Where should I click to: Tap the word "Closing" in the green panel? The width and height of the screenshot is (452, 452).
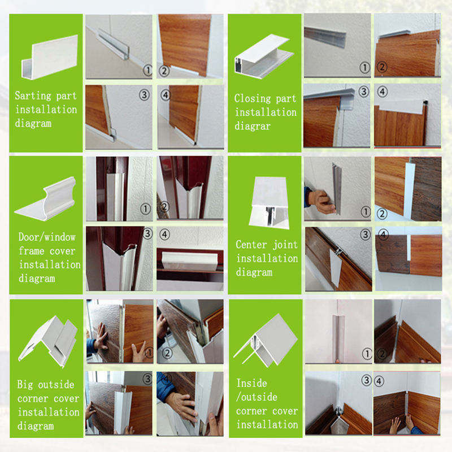pos(253,98)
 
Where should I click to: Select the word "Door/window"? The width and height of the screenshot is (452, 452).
pos(47,237)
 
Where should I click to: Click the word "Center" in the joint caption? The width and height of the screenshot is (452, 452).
pos(251,245)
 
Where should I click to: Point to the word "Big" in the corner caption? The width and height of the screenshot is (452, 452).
pos(25,385)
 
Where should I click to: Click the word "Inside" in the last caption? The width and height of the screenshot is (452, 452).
pos(251,383)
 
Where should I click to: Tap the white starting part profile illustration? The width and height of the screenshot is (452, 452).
pos(50,57)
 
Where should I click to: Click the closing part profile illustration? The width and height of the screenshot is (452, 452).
pos(264,56)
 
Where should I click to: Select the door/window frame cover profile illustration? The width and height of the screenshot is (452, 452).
pos(46,199)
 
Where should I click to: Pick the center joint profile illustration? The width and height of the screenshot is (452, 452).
pos(270,202)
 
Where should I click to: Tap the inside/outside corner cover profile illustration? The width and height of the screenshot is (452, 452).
pos(265,340)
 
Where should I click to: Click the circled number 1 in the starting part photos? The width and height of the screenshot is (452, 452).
pos(148,70)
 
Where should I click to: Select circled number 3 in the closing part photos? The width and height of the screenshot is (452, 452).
pos(364,92)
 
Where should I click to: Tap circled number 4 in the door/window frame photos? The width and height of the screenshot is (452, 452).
pos(164,234)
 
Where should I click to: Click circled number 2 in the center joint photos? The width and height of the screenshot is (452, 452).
pos(382,214)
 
